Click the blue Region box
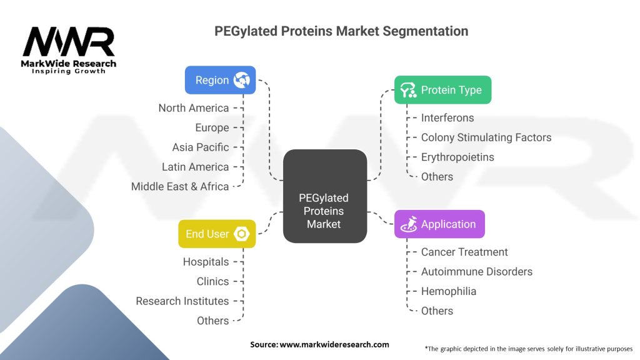click(221, 80)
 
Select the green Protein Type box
click(443, 90)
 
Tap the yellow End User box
click(217, 234)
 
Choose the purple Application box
click(439, 224)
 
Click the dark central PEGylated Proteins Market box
click(325, 196)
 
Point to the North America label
click(194, 108)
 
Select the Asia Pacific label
click(201, 147)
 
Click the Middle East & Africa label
click(180, 186)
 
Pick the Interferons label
click(447, 118)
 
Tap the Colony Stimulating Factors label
click(486, 137)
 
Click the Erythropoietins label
click(457, 157)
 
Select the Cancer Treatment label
click(464, 252)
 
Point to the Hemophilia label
click(449, 291)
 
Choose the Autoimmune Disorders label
click(477, 271)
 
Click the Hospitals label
click(206, 262)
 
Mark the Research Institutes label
click(182, 301)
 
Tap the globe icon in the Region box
click(242, 80)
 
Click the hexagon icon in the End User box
click(242, 234)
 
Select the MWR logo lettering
click(69, 42)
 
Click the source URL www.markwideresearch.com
click(334, 344)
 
